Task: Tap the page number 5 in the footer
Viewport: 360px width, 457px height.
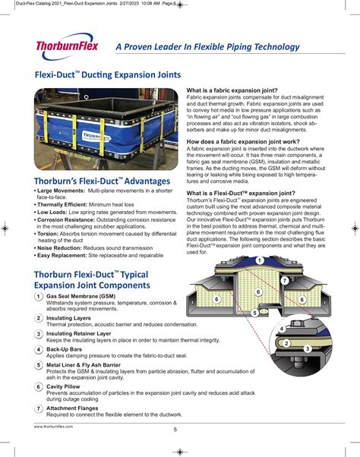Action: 175,430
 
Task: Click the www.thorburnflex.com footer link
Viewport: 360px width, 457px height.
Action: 53,427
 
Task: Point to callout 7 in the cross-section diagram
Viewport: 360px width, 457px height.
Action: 284,280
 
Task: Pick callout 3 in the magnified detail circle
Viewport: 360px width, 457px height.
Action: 307,348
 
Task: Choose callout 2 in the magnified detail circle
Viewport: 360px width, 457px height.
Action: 286,342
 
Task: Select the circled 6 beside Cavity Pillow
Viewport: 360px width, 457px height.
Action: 39,387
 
